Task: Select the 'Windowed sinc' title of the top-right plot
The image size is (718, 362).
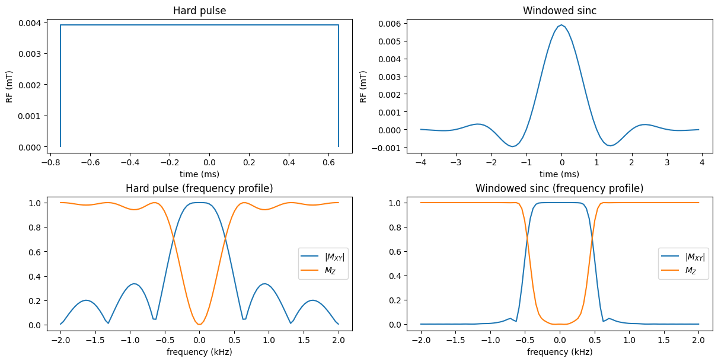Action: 559,11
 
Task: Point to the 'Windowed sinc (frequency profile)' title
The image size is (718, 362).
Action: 559,188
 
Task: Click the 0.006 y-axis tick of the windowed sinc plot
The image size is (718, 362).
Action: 392,24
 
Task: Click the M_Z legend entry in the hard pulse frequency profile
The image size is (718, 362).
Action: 334,271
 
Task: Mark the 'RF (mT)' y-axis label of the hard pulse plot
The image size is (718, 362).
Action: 9,87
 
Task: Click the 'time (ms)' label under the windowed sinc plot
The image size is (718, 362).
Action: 559,174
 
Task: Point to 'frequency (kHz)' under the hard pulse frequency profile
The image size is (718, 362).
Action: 199,352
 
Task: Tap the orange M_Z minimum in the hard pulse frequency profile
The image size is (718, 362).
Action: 199,324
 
